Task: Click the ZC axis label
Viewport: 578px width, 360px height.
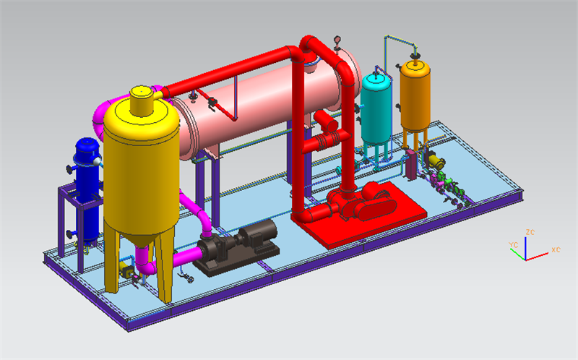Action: [530, 232]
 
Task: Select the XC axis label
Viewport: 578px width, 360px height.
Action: [556, 249]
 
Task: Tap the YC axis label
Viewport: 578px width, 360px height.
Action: [513, 245]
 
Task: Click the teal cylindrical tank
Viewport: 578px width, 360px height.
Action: [376, 111]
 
